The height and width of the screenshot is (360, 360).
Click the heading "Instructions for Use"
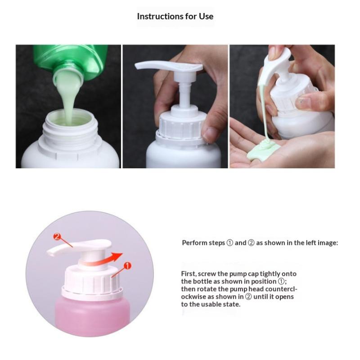tap(175, 16)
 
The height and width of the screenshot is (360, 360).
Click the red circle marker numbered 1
tap(127, 266)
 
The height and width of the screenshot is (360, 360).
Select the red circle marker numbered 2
tap(57, 237)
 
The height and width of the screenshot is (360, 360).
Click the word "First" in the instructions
tap(188, 274)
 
